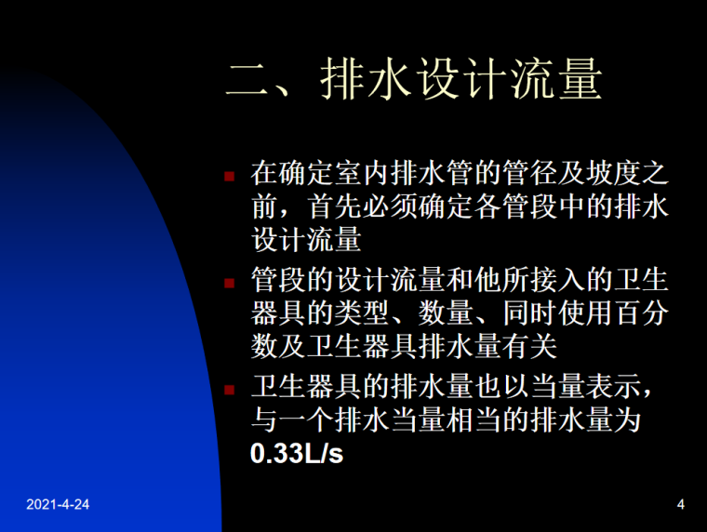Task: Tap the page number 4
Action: point(681,505)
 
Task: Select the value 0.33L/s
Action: point(297,456)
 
